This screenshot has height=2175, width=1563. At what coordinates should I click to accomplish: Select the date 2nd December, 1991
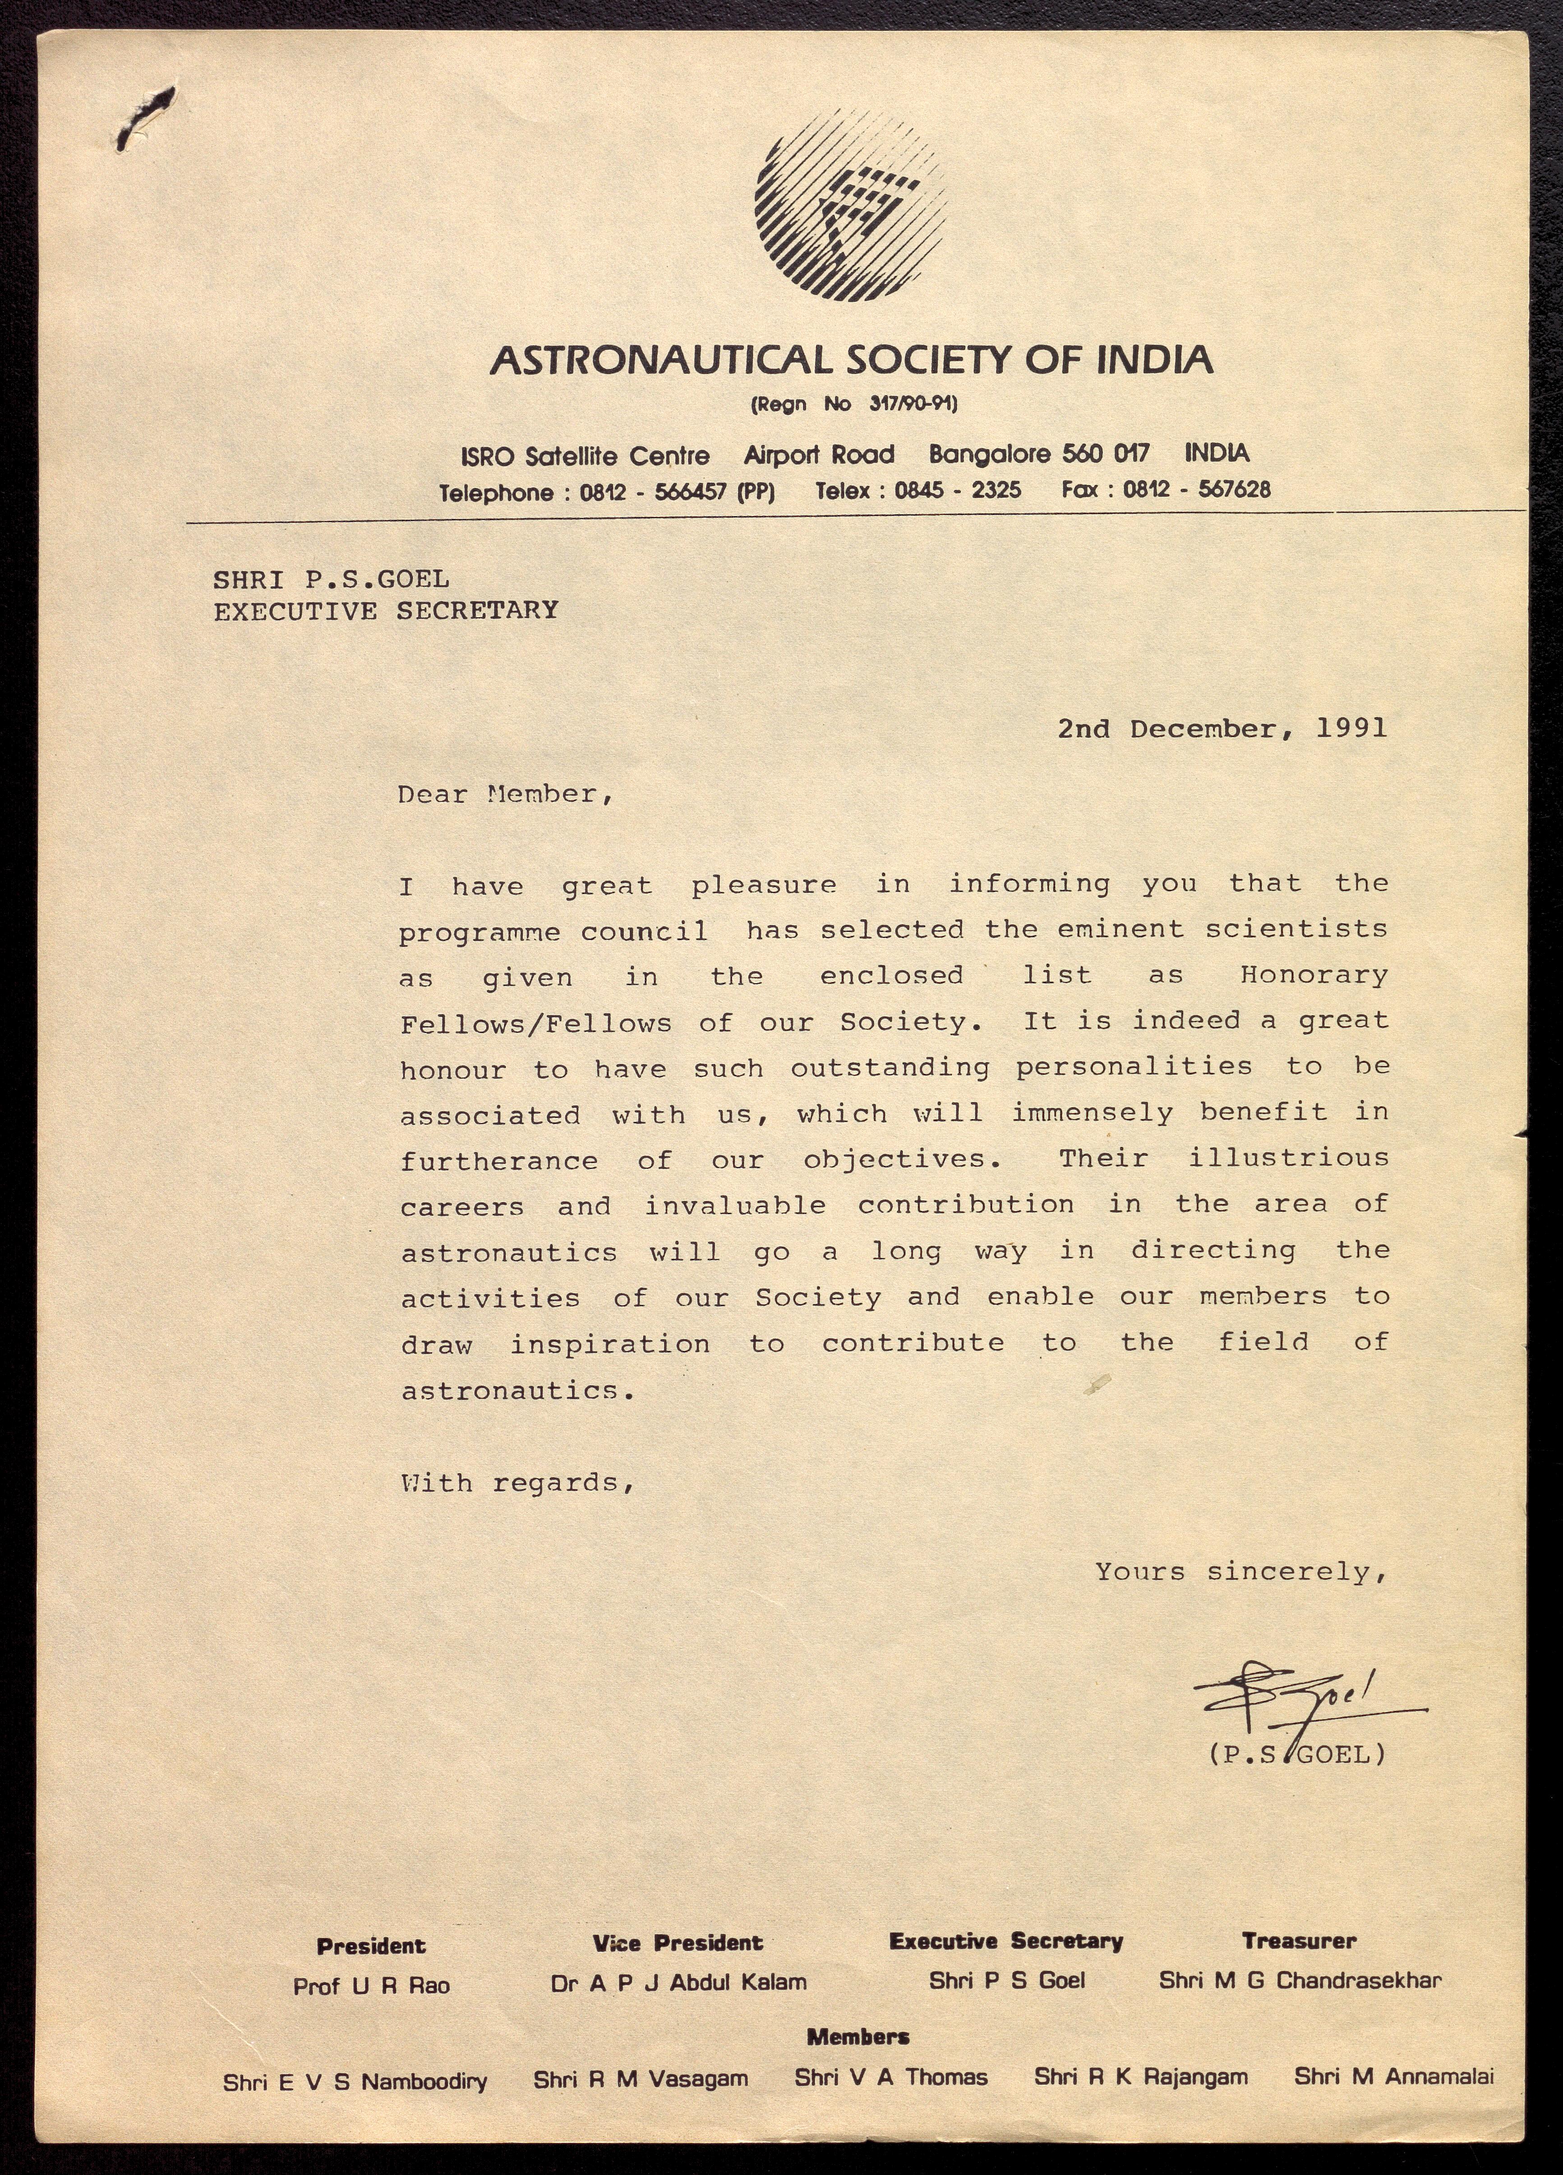1222,729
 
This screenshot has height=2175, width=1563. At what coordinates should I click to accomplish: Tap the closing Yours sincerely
1241,1572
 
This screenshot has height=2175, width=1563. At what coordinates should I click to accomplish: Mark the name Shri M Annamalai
1393,2077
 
